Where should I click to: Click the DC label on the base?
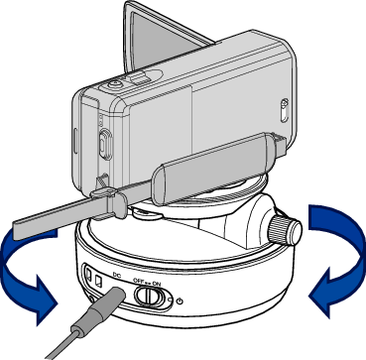point(117,274)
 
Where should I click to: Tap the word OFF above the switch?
point(138,281)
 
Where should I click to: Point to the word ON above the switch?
point(157,284)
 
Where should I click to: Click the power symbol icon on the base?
point(181,301)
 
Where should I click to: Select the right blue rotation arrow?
point(336,260)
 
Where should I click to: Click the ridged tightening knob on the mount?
point(285,229)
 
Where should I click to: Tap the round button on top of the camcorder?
point(115,84)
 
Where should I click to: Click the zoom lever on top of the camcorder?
point(138,78)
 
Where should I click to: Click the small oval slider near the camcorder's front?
point(284,110)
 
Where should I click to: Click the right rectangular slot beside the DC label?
point(98,281)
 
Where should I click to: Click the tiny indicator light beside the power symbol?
point(170,300)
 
